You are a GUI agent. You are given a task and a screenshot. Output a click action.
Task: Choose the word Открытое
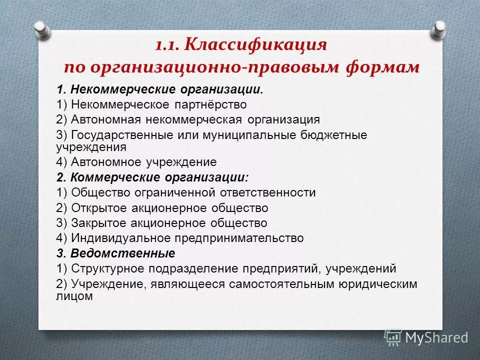pyautogui.click(x=98, y=207)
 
